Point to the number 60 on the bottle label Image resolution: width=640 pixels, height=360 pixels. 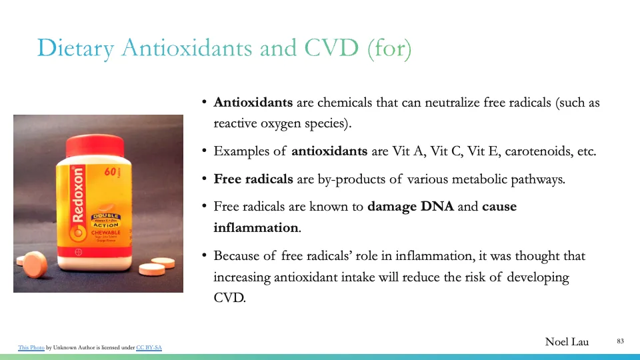coord(111,172)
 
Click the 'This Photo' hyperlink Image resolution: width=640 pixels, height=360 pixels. coord(31,347)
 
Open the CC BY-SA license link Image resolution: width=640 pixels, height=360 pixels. coord(149,347)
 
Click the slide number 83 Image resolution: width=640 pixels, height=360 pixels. coord(620,341)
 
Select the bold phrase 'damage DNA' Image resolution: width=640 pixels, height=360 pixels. coord(411,207)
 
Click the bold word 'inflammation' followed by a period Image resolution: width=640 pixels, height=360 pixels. coord(256,228)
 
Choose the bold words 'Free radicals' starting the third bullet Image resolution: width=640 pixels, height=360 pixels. coord(253,179)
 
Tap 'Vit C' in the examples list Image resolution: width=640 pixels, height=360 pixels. coord(446,151)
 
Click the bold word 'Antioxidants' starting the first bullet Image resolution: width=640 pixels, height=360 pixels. coord(253,103)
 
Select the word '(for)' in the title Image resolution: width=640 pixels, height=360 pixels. coord(389,47)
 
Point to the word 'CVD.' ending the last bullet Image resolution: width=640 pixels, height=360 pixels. coord(229,298)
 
